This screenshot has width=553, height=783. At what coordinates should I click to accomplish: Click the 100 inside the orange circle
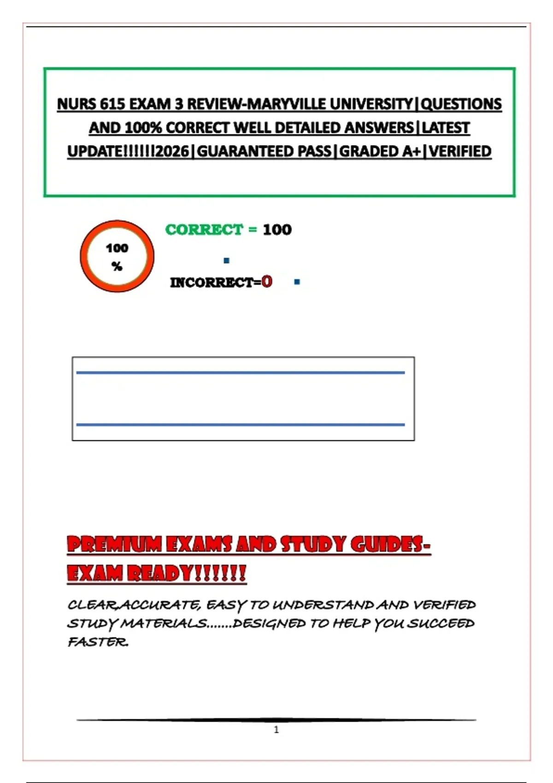pos(117,248)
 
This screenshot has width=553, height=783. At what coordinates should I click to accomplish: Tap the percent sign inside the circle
pos(117,266)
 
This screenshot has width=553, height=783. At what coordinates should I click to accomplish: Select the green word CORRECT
pos(204,229)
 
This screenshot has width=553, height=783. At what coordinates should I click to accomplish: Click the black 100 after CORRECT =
pos(277,229)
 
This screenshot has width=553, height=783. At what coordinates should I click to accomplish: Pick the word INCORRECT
pos(212,282)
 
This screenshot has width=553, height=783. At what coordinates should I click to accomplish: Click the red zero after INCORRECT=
pos(267,281)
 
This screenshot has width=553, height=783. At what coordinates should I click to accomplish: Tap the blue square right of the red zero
pos(297,282)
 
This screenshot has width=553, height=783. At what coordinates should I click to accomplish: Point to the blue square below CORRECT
pos(226,261)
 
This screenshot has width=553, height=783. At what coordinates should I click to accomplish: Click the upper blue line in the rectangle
pos(241,373)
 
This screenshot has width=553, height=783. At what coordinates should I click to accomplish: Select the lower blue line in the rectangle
pos(241,425)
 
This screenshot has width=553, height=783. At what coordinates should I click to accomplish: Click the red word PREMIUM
pos(114,544)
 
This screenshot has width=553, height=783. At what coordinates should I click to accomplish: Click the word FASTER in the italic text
pos(98,642)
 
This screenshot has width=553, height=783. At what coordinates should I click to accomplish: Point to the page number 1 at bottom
pos(276,730)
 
